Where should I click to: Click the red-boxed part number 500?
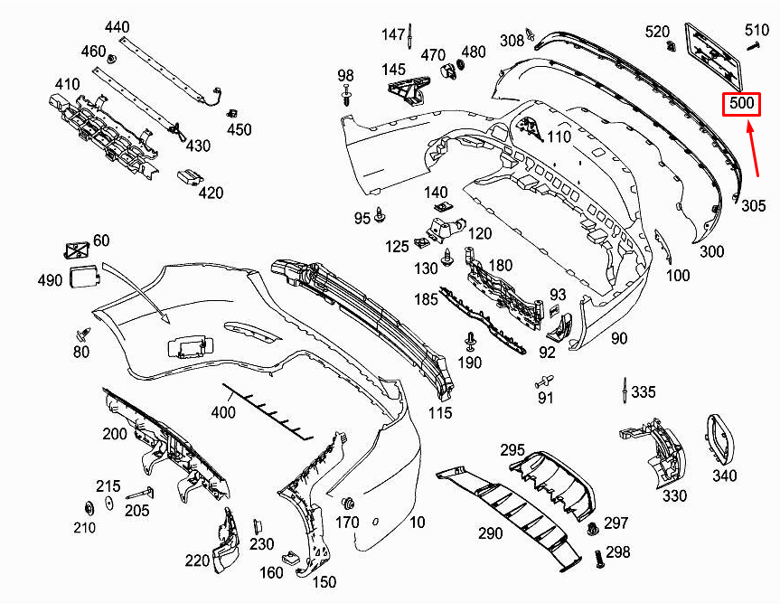coord(742,104)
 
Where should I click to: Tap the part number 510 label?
coord(757,31)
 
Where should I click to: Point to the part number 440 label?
coord(117,27)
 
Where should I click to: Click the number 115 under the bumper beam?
coord(440,413)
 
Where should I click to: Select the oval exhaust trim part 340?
coord(719,439)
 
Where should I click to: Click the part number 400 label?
coord(223,413)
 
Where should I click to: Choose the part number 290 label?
coord(490,533)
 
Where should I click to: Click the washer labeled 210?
coord(89,506)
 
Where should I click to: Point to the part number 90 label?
coord(619,339)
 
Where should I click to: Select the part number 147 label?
coord(393,34)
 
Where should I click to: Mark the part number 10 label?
coord(417,522)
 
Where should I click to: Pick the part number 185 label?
coord(426,298)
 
